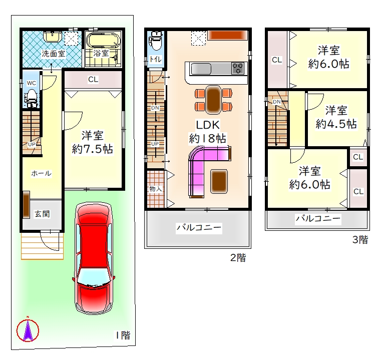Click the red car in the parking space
pos(94,258)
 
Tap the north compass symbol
pos(28,330)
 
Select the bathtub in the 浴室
pos(103,41)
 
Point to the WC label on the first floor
pos(32,83)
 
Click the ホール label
pos(42,173)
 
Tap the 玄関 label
pos(42,214)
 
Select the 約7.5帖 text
pos(92,149)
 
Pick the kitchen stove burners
pos(238,68)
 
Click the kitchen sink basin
pos(201,69)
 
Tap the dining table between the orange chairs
pos(213,100)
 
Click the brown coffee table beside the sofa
pos(219,181)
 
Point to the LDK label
pos(208,125)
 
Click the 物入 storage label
pos(155,189)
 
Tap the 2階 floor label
pos(238,258)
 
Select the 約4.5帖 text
pos(336,124)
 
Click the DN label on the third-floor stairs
pos(277,102)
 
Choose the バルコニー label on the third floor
pos(318,219)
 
